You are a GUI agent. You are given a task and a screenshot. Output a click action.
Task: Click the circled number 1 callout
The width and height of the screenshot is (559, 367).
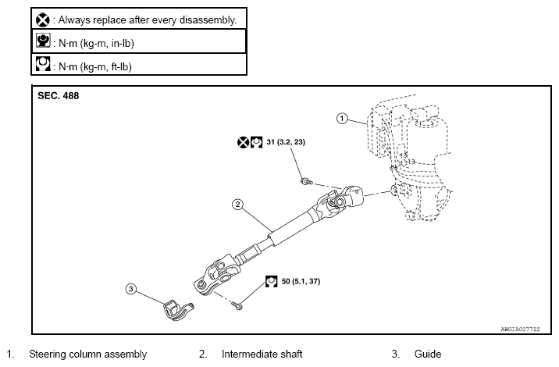[342, 119]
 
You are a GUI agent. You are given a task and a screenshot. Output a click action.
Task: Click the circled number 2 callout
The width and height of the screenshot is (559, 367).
[238, 205]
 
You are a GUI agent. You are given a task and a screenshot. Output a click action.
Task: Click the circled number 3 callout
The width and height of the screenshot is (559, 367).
[131, 289]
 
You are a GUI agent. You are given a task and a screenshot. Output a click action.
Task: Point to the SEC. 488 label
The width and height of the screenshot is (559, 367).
[58, 96]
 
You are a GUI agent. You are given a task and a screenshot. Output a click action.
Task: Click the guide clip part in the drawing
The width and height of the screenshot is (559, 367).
[176, 309]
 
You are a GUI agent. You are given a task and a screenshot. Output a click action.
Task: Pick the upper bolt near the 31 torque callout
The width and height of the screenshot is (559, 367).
[306, 182]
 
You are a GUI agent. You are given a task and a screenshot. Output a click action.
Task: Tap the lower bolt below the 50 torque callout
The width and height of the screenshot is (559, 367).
[237, 305]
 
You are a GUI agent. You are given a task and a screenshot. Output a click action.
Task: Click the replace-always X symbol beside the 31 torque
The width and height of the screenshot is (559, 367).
[243, 143]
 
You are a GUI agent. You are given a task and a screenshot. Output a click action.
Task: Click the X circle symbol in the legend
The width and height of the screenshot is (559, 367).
[42, 20]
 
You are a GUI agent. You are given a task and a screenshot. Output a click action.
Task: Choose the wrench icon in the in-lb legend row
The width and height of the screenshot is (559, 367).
[43, 41]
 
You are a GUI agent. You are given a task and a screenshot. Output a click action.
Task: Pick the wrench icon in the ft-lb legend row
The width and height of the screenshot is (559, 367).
[43, 64]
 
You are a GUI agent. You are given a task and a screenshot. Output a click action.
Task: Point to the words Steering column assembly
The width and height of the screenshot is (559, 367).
[87, 355]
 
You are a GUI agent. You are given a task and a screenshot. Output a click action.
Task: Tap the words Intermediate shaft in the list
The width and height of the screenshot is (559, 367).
[262, 355]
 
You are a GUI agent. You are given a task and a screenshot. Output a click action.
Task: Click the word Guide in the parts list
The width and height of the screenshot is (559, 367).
[428, 355]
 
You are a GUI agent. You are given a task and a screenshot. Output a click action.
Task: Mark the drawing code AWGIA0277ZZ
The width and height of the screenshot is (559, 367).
[521, 330]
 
